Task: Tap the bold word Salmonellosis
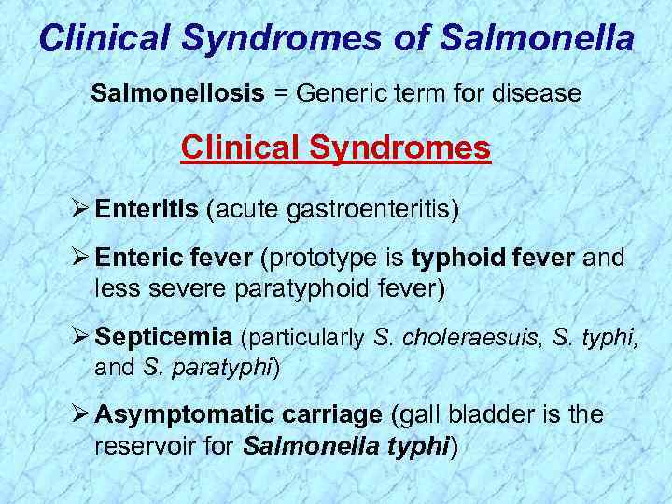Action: [176, 93]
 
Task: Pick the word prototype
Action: [333, 258]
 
